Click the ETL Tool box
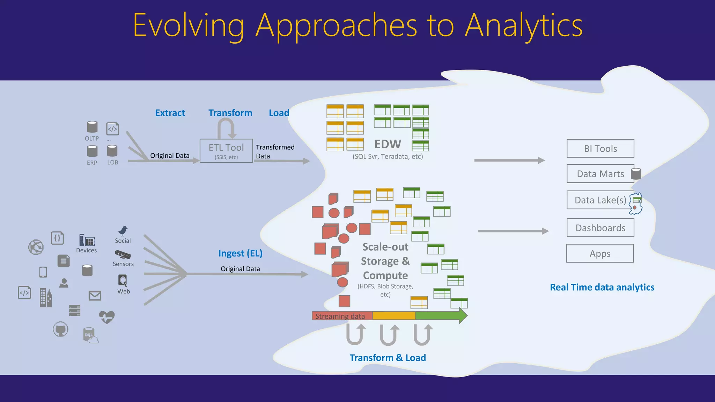click(226, 151)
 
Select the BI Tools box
click(600, 149)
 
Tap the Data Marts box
click(600, 174)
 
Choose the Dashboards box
click(600, 228)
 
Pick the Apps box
click(600, 254)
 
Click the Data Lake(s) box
click(600, 200)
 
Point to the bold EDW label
click(388, 144)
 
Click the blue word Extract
click(170, 113)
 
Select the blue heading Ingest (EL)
click(240, 253)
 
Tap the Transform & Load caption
click(388, 358)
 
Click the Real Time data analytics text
click(602, 287)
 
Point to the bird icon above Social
click(123, 231)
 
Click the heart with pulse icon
click(107, 317)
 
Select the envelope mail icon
click(95, 296)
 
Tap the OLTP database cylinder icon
click(92, 127)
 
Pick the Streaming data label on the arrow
click(340, 316)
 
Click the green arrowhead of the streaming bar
click(462, 316)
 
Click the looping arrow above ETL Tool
click(226, 128)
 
